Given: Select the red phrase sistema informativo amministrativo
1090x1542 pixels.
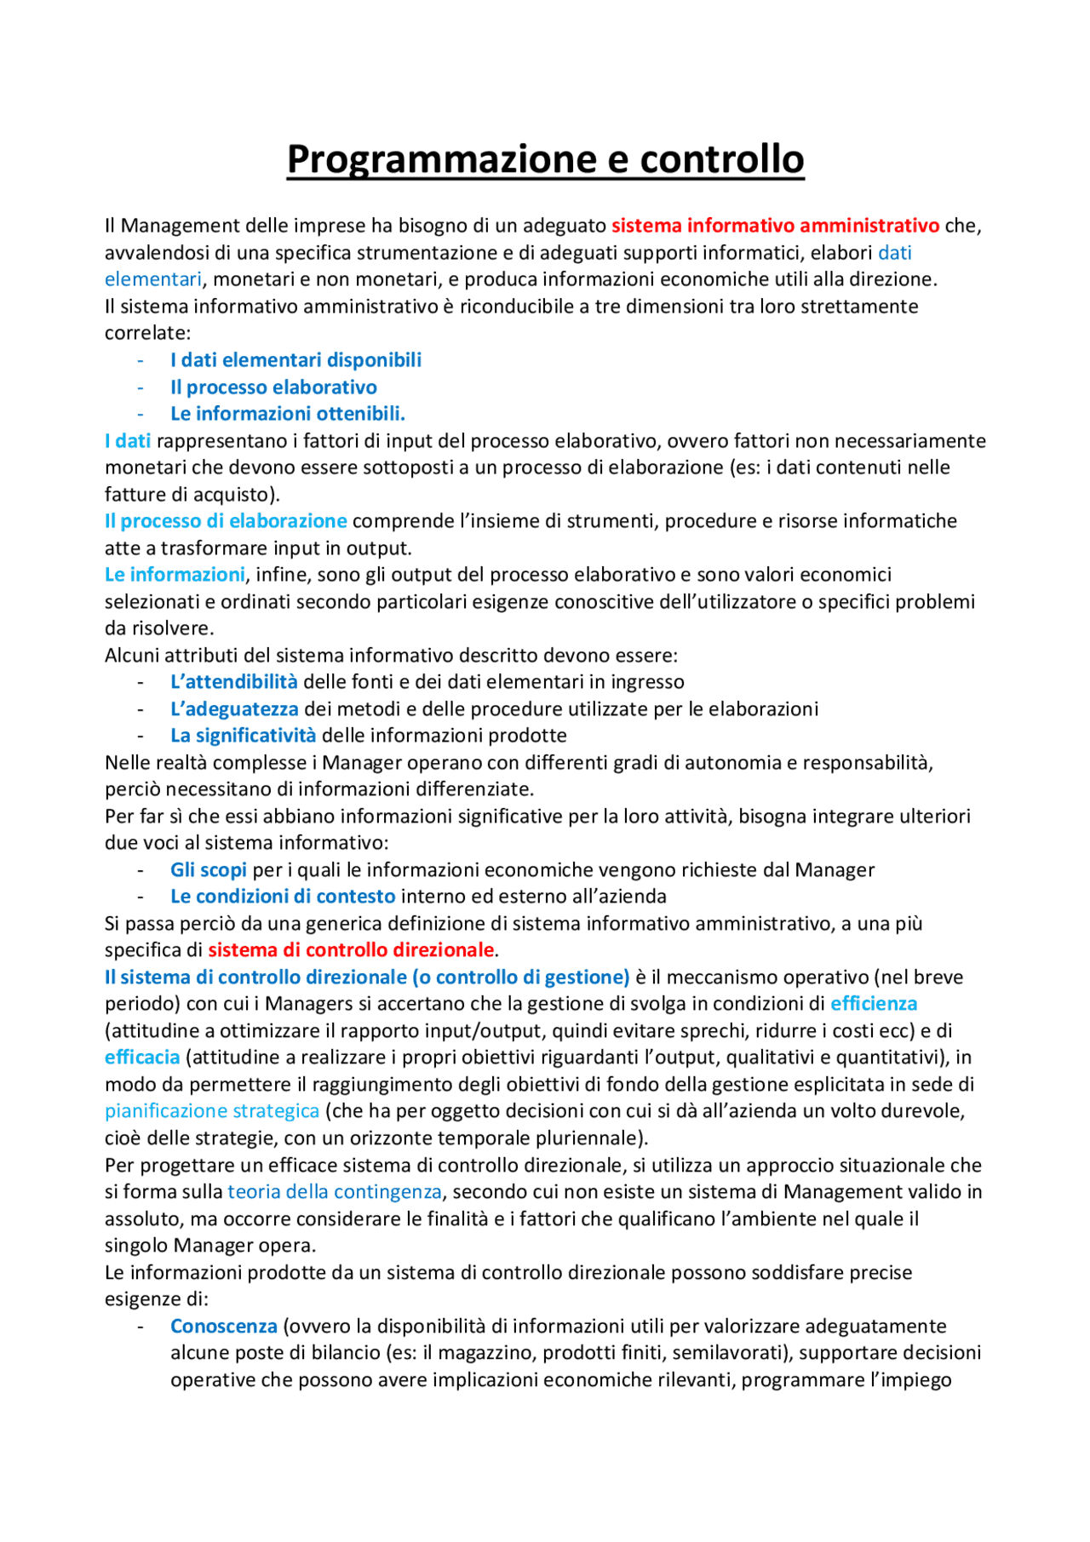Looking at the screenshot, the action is [775, 226].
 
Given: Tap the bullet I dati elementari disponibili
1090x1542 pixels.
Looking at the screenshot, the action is [295, 360].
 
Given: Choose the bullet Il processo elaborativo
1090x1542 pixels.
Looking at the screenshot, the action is [273, 387].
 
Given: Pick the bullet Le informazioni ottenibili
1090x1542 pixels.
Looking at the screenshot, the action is [287, 414].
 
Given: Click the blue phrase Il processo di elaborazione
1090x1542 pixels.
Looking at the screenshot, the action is [226, 521].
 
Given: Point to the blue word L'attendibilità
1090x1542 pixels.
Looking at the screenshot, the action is [233, 682].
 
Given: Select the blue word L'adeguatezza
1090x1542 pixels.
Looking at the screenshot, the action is [234, 709].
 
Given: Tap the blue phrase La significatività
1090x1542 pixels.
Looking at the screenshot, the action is [243, 736].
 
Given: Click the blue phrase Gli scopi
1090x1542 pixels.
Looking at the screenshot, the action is [208, 870].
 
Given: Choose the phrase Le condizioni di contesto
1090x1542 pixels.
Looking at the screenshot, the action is [283, 897].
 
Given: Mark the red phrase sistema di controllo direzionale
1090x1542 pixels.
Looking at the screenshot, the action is [351, 950].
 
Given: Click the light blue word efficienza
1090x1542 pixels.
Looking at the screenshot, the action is [874, 1004].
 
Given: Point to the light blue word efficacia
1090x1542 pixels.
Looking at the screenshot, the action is [142, 1058].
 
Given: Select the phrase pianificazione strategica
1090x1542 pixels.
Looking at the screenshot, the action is [212, 1111].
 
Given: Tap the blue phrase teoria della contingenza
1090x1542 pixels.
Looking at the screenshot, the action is [335, 1192].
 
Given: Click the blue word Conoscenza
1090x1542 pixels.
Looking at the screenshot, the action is [223, 1327].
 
